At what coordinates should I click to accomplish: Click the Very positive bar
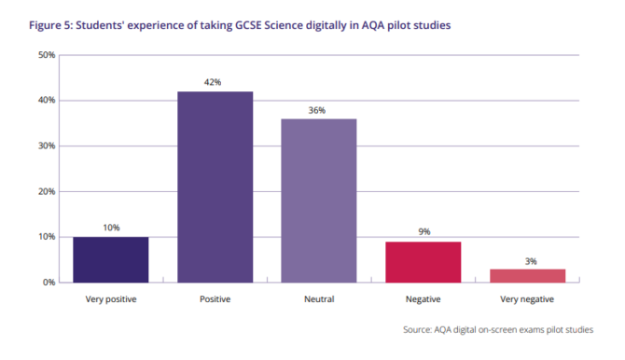coord(111,259)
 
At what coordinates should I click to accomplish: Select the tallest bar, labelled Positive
coord(215,187)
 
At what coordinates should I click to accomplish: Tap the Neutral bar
coord(318,201)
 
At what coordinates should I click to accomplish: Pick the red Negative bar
coord(423,261)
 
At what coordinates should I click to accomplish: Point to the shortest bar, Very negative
coord(527,275)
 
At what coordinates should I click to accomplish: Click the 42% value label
coord(215,83)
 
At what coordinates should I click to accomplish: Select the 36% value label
coord(318,110)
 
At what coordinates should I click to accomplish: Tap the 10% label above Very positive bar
coord(111,228)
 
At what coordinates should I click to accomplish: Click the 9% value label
coord(423,232)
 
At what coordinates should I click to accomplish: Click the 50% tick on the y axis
coord(47,55)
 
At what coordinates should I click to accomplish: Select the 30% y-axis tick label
coord(47,145)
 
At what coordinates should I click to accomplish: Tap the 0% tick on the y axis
coord(49,282)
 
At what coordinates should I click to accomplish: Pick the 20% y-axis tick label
coord(47,191)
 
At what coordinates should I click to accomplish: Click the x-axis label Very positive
coord(111,299)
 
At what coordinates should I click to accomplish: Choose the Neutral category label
coord(318,299)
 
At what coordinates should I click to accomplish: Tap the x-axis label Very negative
coord(527,299)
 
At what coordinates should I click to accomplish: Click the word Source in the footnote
coord(420,330)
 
